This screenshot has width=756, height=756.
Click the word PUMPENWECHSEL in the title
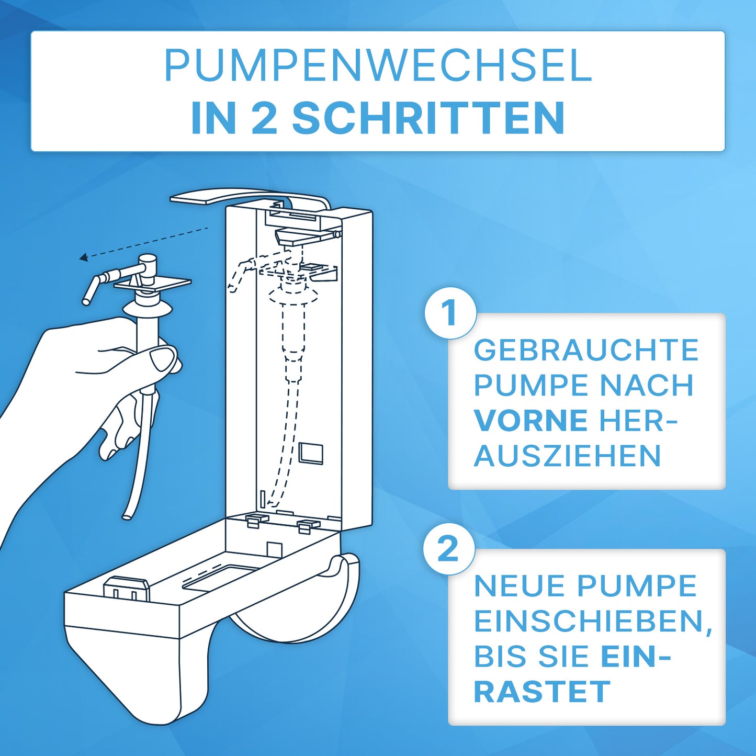[x=378, y=66]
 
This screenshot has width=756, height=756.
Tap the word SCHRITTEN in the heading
[x=428, y=118]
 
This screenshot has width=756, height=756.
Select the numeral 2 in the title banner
[x=264, y=118]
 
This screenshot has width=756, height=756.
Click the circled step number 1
[x=449, y=313]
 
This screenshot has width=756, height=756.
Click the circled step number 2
[x=448, y=549]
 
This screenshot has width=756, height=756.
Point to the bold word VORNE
[x=531, y=421]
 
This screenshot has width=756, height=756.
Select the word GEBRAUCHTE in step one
[x=586, y=350]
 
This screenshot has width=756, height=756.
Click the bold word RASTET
[x=542, y=692]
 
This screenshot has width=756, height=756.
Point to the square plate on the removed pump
[x=153, y=284]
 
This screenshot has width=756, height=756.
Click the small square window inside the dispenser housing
[x=311, y=454]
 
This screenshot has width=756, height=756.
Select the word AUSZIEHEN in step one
[x=567, y=456]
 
